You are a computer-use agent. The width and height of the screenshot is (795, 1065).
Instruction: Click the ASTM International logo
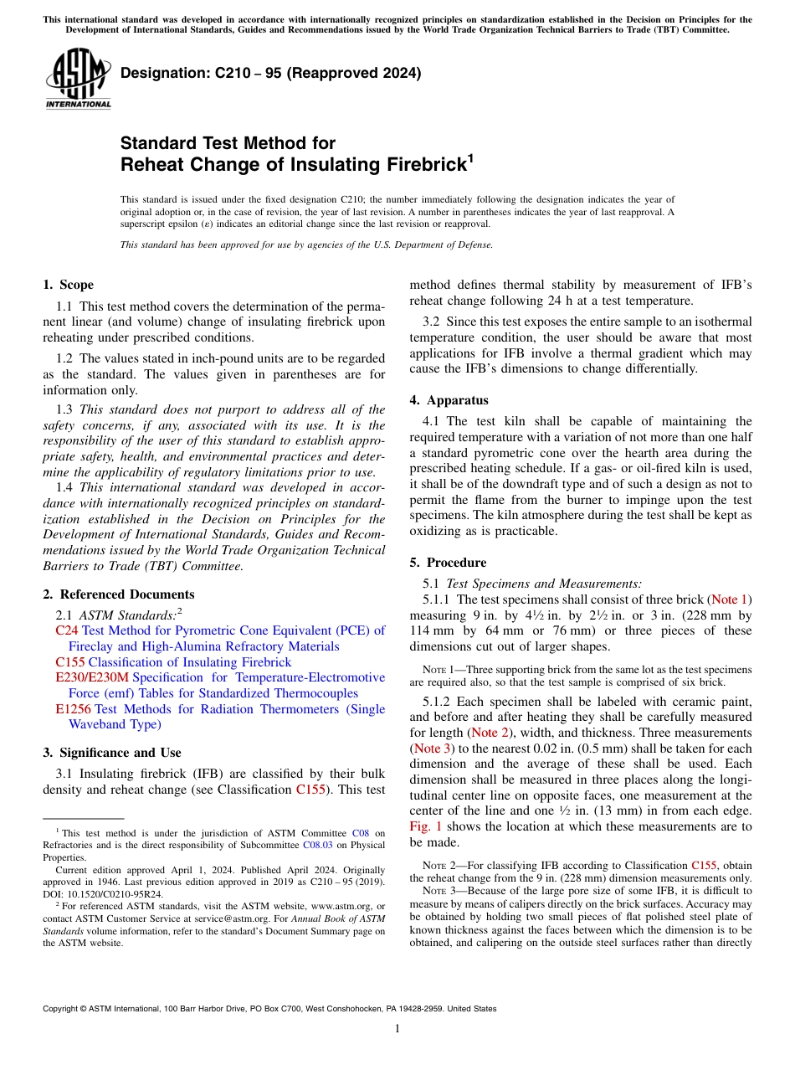(78, 77)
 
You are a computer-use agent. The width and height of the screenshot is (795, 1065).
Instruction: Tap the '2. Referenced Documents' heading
(118, 594)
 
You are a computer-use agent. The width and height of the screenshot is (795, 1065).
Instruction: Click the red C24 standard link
(66, 630)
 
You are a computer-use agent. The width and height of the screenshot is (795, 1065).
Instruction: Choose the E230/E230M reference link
(92, 677)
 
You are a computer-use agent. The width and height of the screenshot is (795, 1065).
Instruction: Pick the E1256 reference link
(74, 709)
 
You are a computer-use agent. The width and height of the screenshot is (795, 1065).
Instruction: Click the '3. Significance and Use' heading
(111, 753)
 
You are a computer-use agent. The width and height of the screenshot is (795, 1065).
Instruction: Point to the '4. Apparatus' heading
(449, 400)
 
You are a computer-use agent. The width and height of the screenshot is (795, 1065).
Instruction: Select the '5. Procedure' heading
(448, 563)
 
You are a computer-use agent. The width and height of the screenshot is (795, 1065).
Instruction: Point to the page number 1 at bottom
(397, 1029)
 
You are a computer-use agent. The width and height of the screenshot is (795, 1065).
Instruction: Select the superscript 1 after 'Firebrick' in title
(470, 157)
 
